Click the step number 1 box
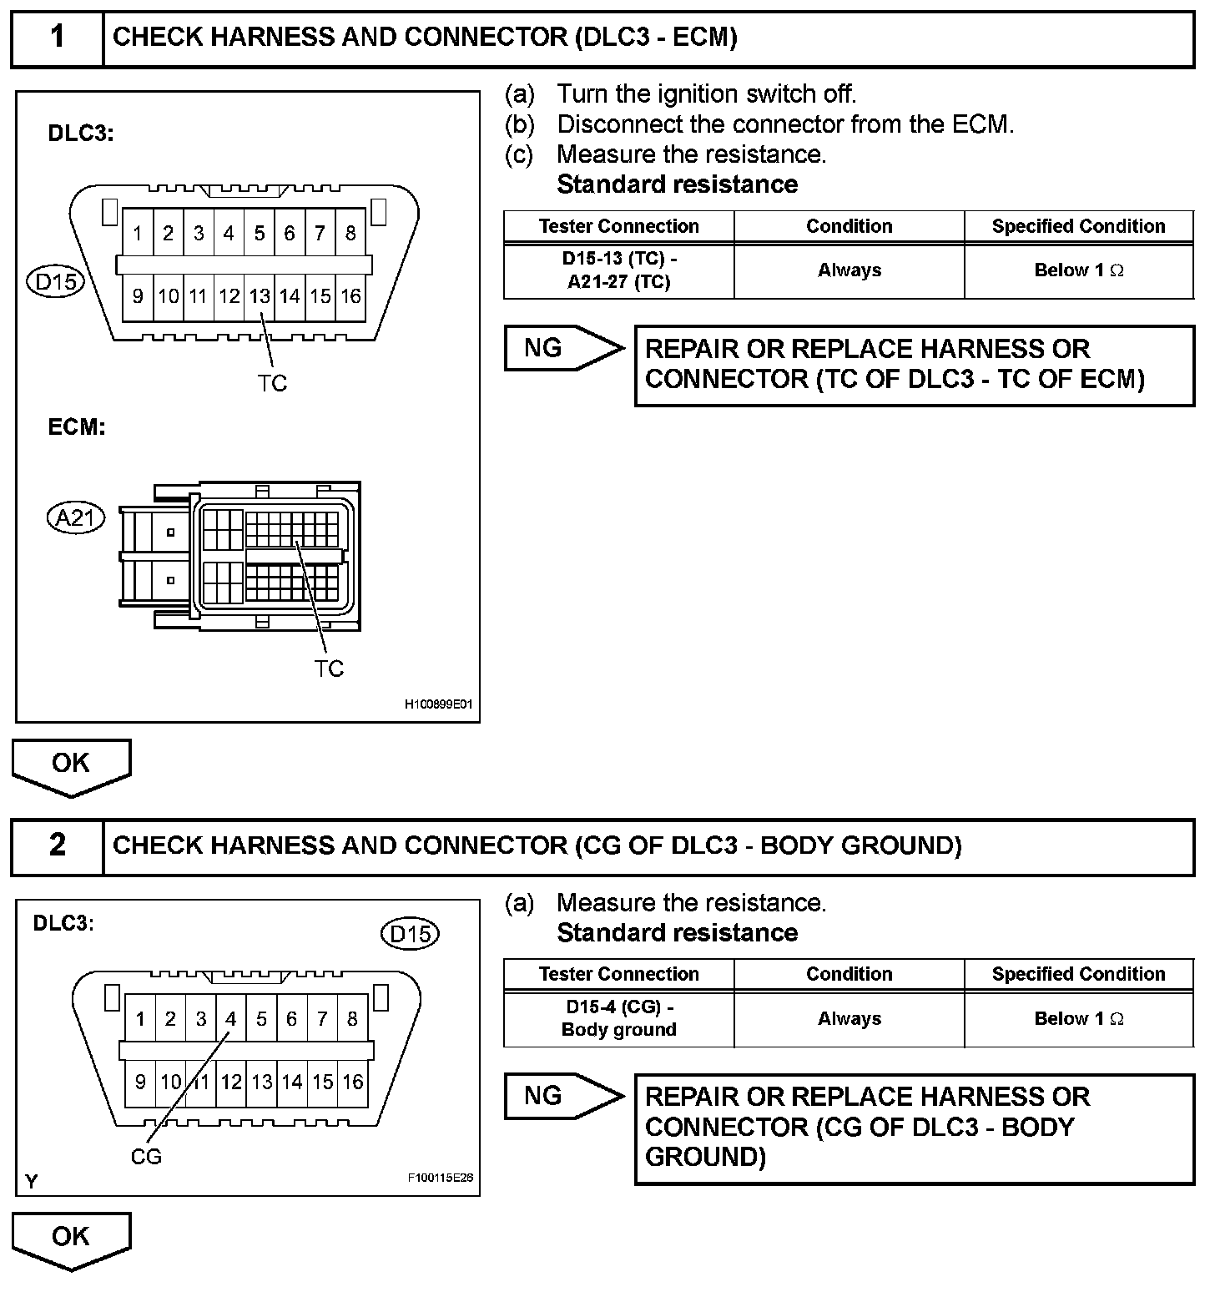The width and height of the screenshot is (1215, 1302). tap(57, 38)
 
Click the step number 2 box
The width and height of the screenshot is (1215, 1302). tap(57, 845)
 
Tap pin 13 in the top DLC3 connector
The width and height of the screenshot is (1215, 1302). tap(260, 296)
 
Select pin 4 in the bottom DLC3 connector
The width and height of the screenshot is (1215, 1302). tap(231, 1018)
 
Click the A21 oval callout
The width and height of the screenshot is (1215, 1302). tap(75, 518)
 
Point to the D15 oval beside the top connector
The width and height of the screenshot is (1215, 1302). tap(56, 282)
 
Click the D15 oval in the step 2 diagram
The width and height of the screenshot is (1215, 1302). tap(410, 933)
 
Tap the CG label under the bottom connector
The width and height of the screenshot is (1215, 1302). tap(146, 1157)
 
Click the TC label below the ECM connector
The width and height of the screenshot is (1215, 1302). tap(329, 669)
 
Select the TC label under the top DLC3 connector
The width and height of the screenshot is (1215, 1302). tap(272, 383)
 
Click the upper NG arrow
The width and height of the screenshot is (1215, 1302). tap(563, 348)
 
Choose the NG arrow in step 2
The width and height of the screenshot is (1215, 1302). tap(563, 1096)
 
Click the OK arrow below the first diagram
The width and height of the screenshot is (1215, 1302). tap(71, 765)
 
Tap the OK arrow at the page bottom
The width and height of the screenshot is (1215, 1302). tap(71, 1239)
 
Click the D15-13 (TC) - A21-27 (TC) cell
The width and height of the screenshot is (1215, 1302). tap(619, 270)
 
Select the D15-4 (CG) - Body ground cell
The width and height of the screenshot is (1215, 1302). tap(619, 1018)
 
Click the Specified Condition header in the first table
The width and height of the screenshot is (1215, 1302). tap(1078, 226)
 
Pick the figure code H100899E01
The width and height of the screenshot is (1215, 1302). tap(438, 704)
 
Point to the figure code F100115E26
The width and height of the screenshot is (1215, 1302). tap(440, 1178)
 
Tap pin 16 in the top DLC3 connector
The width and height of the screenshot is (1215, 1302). tap(350, 296)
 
